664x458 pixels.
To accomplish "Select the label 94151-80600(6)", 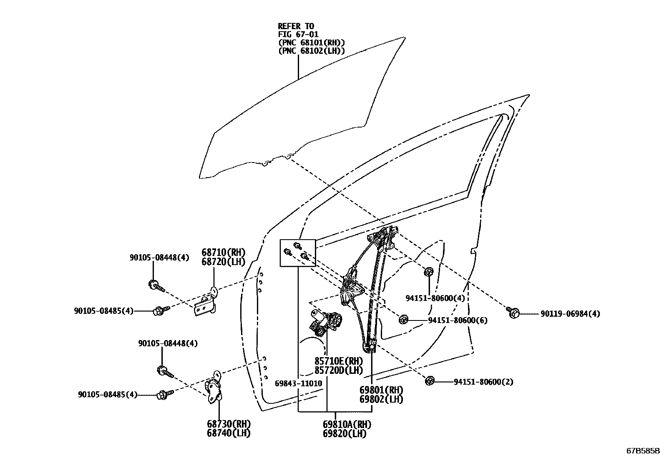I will (458, 320).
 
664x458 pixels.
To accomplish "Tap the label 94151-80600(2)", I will (483, 382).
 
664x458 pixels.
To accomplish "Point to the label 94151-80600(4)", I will (435, 298).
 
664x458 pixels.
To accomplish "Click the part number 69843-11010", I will (298, 383).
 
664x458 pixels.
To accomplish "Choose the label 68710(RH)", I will (224, 253).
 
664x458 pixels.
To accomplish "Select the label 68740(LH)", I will (229, 433).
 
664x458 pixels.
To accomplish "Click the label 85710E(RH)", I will (338, 361).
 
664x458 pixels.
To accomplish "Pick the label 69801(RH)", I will (381, 390).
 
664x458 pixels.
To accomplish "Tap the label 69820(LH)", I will (344, 433).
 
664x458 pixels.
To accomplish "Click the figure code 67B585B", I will (643, 451).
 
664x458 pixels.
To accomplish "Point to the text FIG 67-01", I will (298, 35).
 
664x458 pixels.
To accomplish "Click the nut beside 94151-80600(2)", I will (430, 380).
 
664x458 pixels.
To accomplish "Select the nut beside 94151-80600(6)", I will (403, 320).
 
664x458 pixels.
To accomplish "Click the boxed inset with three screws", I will (297, 253).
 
